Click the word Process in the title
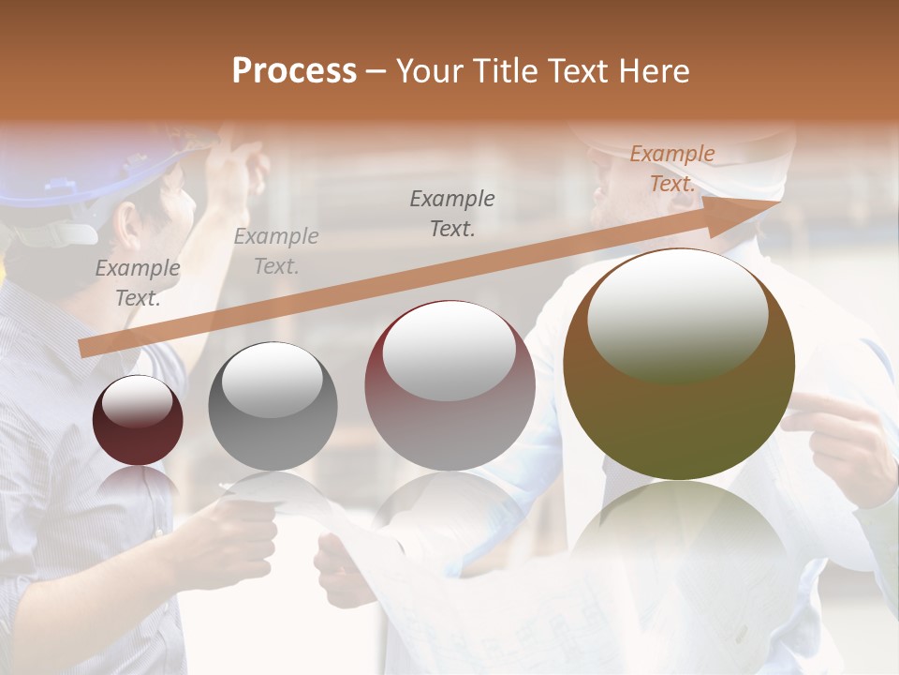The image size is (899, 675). click(x=294, y=71)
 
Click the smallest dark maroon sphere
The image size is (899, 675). click(x=138, y=421)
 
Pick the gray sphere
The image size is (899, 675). click(x=273, y=407)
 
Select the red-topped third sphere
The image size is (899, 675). click(x=449, y=384)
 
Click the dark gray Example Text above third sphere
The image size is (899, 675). click(x=452, y=213)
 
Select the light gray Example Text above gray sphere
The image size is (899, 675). click(x=276, y=251)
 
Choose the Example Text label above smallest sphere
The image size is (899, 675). click(x=138, y=283)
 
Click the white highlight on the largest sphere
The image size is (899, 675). click(x=677, y=314)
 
